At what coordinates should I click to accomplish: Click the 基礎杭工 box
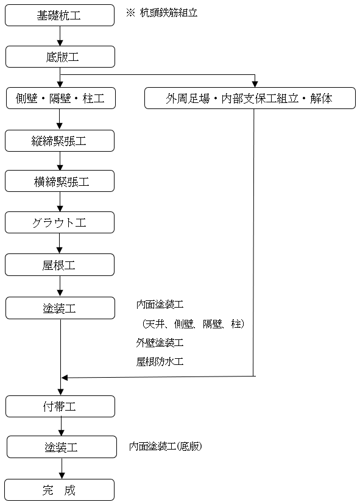(x=60, y=15)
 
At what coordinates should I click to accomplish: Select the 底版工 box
(x=60, y=57)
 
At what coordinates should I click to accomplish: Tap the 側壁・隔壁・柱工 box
(x=61, y=98)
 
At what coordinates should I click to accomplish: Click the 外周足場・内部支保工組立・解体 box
(x=250, y=98)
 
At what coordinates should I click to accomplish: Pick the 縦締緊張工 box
(x=60, y=141)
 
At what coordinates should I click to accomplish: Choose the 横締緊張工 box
(x=60, y=181)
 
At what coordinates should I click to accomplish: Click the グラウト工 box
(x=60, y=222)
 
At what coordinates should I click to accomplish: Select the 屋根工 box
(x=60, y=265)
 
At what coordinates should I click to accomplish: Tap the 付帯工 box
(x=60, y=406)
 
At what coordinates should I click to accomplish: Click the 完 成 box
(x=60, y=490)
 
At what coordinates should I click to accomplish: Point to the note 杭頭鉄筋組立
(x=169, y=13)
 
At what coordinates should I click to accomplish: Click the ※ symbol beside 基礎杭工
(x=130, y=13)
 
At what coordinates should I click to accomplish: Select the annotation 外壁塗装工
(x=160, y=342)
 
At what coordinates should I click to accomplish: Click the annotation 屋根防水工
(x=160, y=361)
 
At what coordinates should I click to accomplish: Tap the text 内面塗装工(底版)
(x=166, y=446)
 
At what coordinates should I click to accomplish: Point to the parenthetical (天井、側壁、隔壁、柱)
(x=193, y=323)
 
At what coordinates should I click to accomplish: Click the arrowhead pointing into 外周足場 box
(x=255, y=84)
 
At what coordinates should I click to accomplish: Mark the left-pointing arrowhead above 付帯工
(x=65, y=378)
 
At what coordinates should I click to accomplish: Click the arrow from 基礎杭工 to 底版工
(x=60, y=36)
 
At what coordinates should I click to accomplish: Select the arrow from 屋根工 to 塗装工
(x=60, y=286)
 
